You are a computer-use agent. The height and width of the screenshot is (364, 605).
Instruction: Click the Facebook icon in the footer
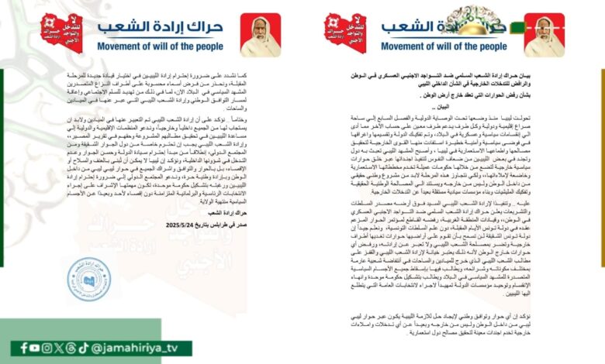24,349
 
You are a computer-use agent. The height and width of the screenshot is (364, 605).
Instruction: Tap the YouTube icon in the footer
36,349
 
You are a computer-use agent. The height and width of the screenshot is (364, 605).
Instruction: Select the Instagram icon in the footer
48,349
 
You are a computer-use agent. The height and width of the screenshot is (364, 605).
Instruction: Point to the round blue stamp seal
88,279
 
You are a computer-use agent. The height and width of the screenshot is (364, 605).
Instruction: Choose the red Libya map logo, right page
345,31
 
